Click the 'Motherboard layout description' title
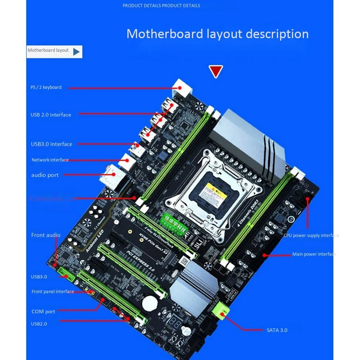point(217,34)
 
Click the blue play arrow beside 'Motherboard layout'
point(76,51)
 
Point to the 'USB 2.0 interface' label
point(51,115)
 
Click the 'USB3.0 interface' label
point(51,144)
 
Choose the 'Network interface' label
point(50,160)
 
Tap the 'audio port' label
point(45,175)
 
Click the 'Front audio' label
point(45,235)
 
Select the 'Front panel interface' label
point(53,292)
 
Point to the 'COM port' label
point(43,311)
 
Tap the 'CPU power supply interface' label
point(311,235)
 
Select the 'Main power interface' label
point(314,254)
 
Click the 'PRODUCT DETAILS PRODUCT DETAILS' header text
point(161,6)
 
